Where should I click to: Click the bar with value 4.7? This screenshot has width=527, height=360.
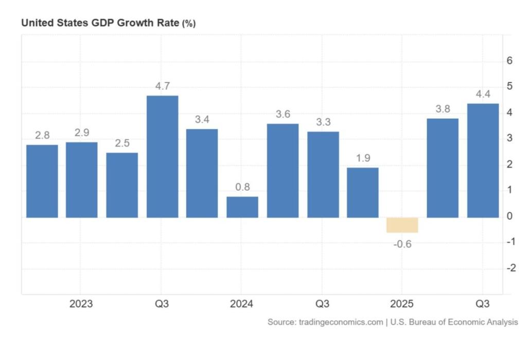(162, 156)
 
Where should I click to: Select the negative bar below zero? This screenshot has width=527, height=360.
(402, 225)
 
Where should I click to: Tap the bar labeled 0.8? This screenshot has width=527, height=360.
(242, 207)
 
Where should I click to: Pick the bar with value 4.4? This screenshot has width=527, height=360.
(483, 160)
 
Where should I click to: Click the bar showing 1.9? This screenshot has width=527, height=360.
(362, 192)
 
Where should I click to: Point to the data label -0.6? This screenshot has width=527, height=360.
(402, 244)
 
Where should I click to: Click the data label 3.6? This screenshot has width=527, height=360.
(282, 114)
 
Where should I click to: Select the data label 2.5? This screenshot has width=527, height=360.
(122, 143)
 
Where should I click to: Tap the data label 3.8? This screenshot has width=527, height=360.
(443, 109)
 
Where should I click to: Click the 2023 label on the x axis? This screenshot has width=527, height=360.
(81, 304)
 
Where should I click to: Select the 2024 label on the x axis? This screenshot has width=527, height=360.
(241, 304)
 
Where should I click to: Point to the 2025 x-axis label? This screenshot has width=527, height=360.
(402, 304)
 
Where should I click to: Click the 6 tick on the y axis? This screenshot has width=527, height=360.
(510, 61)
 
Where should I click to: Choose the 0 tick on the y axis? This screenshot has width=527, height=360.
(510, 217)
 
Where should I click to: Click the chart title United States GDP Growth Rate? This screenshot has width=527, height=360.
(100, 23)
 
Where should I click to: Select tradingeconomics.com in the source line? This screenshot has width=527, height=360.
(340, 322)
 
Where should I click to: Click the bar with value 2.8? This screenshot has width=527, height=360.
(42, 181)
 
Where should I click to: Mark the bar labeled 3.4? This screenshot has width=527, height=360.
(202, 173)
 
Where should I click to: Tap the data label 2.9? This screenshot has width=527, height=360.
(82, 133)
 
